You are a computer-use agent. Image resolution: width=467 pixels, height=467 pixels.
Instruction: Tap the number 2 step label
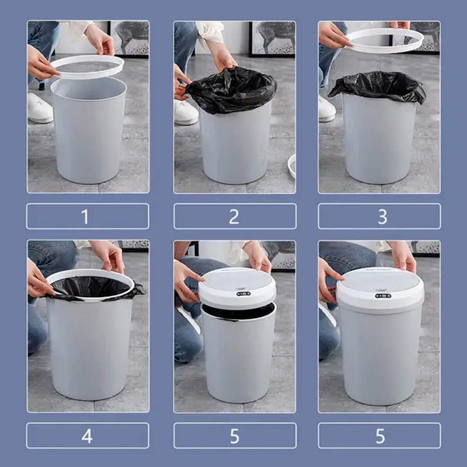tap(235, 217)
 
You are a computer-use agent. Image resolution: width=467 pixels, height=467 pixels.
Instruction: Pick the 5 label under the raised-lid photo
tap(235, 435)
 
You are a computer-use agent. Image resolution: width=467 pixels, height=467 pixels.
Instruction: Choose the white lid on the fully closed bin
tap(380, 286)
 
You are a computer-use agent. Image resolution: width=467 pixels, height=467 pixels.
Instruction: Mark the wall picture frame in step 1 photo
tap(129, 38)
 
